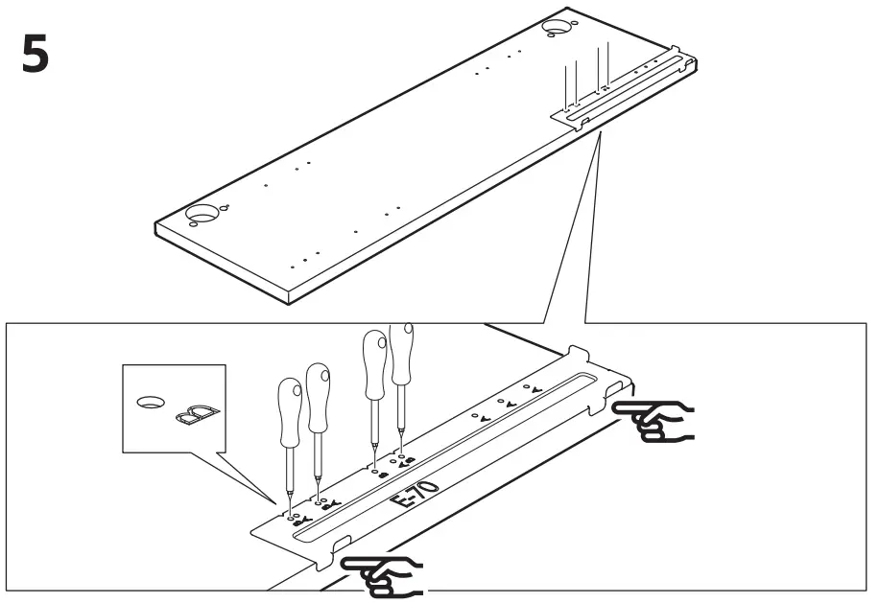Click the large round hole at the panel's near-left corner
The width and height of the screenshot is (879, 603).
pyautogui.click(x=202, y=212)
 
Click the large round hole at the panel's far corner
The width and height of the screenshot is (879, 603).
pyautogui.click(x=556, y=28)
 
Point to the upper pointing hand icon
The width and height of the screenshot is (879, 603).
pyautogui.click(x=653, y=418)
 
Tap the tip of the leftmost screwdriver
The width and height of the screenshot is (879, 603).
pyautogui.click(x=286, y=510)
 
